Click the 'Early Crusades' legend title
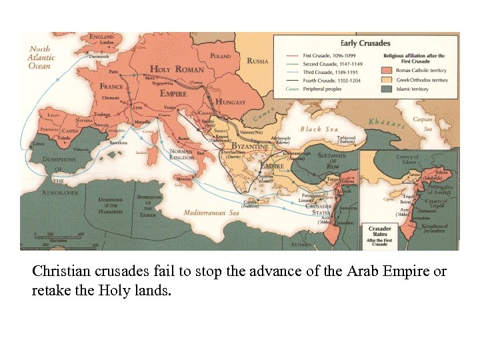click(x=365, y=43)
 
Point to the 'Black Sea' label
click(x=319, y=129)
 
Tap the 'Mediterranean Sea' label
click(x=211, y=213)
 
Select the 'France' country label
click(x=111, y=87)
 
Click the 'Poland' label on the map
click(x=220, y=57)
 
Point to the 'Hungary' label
click(x=231, y=102)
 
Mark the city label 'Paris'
click(x=114, y=71)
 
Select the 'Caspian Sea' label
click(x=423, y=123)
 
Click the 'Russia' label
click(x=257, y=61)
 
